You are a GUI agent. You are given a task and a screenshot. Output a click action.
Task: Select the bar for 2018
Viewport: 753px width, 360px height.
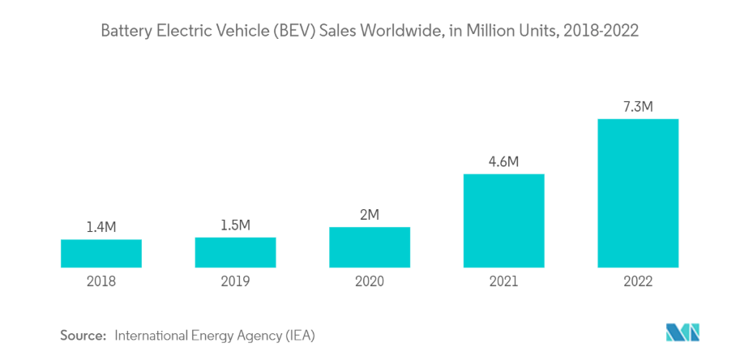[x=101, y=253]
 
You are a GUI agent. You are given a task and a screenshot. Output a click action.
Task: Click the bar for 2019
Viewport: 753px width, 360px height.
[x=235, y=252]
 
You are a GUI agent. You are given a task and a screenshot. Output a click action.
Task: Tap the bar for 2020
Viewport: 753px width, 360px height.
[x=370, y=246]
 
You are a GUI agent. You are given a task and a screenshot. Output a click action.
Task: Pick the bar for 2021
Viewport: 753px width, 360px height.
[x=503, y=221]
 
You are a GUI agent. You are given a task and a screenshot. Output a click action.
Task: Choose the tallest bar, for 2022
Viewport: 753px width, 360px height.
[x=638, y=193]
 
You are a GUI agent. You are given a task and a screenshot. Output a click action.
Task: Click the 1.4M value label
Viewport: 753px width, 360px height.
[x=101, y=227]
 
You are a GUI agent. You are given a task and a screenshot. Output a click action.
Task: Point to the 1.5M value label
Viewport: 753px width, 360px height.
[x=235, y=225]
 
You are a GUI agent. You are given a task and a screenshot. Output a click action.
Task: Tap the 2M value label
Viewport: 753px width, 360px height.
[x=370, y=214]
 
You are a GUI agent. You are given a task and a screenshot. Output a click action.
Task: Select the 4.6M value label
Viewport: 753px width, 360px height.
[x=503, y=161]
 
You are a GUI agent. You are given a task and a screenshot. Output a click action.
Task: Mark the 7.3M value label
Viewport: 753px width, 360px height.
[x=638, y=106]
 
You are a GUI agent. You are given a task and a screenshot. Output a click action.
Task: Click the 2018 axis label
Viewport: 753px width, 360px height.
[x=101, y=282]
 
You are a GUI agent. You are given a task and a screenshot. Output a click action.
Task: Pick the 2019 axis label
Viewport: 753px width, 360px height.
[x=235, y=282]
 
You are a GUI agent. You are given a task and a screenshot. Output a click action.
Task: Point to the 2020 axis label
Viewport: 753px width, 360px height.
[x=370, y=282]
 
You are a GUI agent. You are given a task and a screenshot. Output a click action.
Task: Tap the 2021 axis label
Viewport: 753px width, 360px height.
[x=503, y=282]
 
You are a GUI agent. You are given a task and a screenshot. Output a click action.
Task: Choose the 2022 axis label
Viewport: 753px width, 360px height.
[x=638, y=282]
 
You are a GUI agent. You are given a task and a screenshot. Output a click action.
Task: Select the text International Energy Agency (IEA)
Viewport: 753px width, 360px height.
[x=215, y=335]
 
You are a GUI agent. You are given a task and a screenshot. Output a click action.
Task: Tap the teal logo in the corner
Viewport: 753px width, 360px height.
[x=682, y=332]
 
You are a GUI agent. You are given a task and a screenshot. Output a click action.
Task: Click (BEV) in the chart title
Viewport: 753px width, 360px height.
[x=294, y=32]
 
